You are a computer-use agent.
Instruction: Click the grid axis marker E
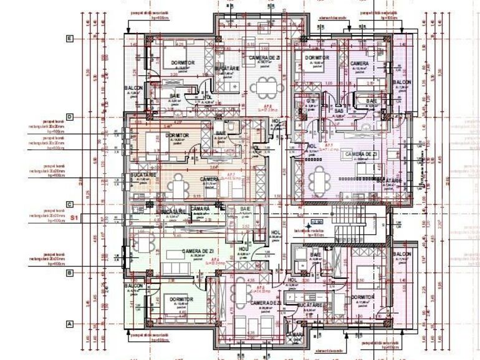(x=70, y=39)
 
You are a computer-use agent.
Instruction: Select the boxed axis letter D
(x=70, y=116)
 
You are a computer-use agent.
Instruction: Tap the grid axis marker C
(x=70, y=204)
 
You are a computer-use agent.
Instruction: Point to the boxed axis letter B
(x=70, y=272)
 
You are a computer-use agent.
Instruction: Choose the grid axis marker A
(x=70, y=323)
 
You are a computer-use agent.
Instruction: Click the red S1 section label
(x=74, y=218)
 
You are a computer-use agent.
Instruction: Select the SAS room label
(x=339, y=111)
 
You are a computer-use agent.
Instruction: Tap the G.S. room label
(x=310, y=101)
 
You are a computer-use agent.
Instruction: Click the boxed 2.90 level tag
(x=316, y=221)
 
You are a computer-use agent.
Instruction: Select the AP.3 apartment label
(x=324, y=148)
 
